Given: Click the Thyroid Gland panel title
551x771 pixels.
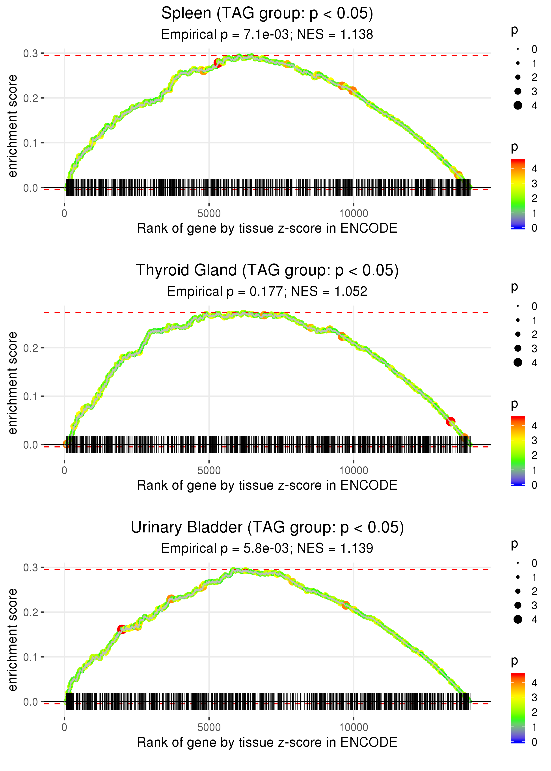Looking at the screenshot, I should tap(267, 271).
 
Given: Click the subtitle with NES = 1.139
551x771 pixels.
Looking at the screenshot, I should tap(267, 548).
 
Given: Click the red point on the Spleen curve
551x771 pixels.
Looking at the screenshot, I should tap(218, 63).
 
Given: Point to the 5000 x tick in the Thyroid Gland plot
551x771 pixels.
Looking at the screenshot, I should tap(209, 471).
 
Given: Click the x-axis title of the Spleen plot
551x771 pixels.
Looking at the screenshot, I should tap(267, 228).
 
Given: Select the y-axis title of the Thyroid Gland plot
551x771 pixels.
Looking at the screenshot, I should tap(13, 383).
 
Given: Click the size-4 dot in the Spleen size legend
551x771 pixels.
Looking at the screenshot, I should tap(518, 106).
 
